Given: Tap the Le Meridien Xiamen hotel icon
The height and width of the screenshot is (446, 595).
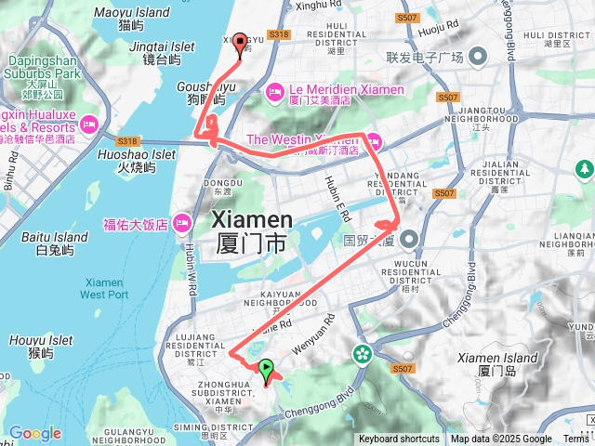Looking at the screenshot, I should click(x=274, y=90).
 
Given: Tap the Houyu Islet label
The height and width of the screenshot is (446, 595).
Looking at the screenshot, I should click(x=41, y=347).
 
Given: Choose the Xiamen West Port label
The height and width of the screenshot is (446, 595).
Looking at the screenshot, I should click(x=104, y=288).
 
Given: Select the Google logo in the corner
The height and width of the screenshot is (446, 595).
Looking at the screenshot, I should click(x=34, y=433).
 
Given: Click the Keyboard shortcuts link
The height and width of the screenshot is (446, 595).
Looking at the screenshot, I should click(x=399, y=439).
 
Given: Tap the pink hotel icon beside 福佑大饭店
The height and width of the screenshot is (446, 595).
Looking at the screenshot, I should click(x=180, y=223).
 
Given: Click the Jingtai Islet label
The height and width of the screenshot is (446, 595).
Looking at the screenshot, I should click(x=136, y=51).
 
